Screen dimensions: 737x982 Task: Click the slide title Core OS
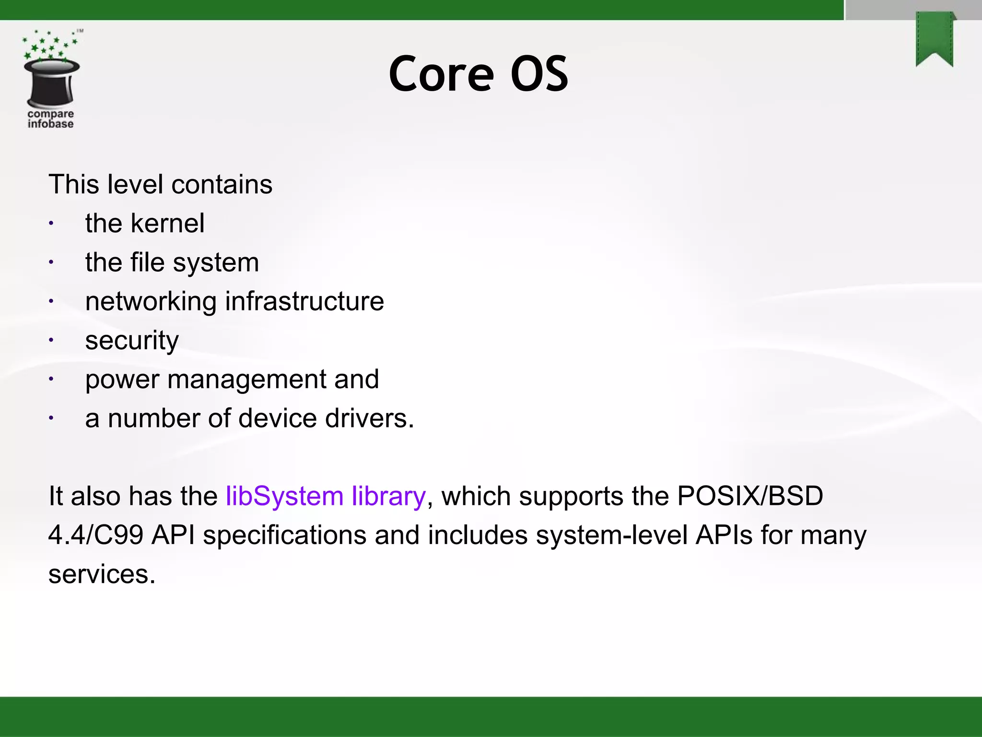tap(478, 74)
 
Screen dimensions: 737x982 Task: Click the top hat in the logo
tap(51, 83)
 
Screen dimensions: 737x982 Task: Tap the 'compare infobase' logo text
tap(50, 119)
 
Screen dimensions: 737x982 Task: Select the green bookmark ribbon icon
tap(935, 39)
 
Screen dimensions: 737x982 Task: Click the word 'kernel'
tap(167, 224)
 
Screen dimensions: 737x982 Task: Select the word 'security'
tap(132, 341)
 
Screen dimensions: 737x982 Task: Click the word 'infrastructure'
tap(304, 301)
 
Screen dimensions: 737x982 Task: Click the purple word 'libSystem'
tap(284, 496)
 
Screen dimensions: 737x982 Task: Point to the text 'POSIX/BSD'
tap(749, 496)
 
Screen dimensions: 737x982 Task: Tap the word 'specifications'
tap(285, 536)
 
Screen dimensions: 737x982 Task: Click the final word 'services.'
tap(102, 574)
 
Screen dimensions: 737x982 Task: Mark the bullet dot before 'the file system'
tap(51, 262)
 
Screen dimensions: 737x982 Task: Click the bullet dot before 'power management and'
tap(51, 380)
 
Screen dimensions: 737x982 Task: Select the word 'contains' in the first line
tap(222, 185)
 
